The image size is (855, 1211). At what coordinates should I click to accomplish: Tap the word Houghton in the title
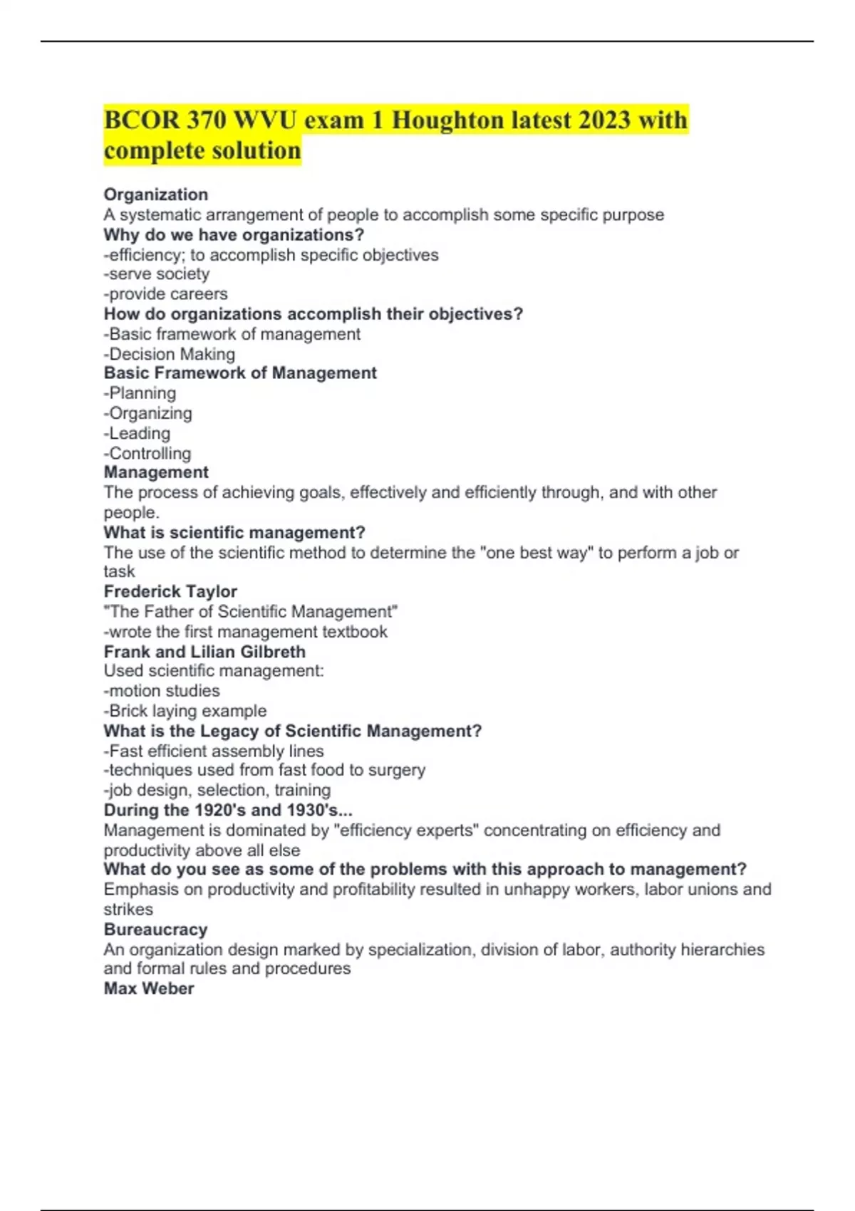tap(447, 120)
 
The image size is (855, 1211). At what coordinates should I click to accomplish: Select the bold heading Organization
tap(156, 194)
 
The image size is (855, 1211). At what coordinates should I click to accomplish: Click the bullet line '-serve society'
tap(157, 274)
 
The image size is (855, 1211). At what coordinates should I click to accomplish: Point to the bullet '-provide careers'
tap(166, 294)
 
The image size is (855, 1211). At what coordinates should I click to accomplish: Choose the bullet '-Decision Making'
tap(170, 354)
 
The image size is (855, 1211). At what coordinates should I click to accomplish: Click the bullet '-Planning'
tap(140, 393)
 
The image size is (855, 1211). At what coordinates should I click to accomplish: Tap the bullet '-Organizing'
tap(148, 413)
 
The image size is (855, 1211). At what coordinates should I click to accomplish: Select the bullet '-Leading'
tap(138, 433)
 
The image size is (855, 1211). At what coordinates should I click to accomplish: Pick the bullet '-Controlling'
tap(147, 453)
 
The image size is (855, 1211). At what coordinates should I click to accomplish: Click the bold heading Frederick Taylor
tap(170, 591)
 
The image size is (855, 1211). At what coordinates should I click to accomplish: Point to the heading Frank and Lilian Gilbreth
tap(204, 652)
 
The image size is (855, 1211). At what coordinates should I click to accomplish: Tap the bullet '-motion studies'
tap(162, 691)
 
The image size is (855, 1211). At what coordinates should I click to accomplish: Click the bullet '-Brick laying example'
tap(185, 711)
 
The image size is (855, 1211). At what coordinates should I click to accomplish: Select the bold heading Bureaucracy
tap(156, 930)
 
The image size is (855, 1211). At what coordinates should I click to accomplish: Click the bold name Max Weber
tap(149, 989)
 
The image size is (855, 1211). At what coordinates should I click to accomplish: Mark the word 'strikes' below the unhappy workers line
tap(128, 910)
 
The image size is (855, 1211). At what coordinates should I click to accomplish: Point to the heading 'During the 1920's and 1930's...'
tap(228, 810)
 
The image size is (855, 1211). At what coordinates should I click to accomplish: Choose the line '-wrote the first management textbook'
tap(246, 632)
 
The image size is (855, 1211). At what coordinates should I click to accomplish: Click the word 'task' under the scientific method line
tap(119, 571)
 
